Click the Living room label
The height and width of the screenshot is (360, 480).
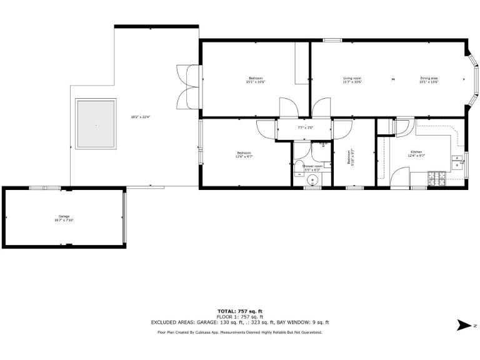tap(352, 77)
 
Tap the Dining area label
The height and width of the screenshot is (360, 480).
tap(429, 77)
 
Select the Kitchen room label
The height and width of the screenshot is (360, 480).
tap(417, 152)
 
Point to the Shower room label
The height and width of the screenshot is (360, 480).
tap(312, 166)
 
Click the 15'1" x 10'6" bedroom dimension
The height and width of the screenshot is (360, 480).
tap(256, 82)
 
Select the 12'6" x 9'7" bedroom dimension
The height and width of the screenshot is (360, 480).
tap(244, 156)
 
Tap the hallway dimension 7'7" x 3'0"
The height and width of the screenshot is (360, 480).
tap(304, 127)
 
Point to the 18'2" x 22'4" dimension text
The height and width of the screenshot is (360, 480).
tap(141, 116)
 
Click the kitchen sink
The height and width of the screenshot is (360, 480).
tap(459, 165)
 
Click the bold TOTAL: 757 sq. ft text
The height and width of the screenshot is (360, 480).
tap(239, 311)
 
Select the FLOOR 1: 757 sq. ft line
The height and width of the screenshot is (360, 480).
tap(239, 316)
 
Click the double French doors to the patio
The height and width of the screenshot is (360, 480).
tap(187, 87)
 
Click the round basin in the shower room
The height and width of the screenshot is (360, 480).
tap(313, 181)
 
